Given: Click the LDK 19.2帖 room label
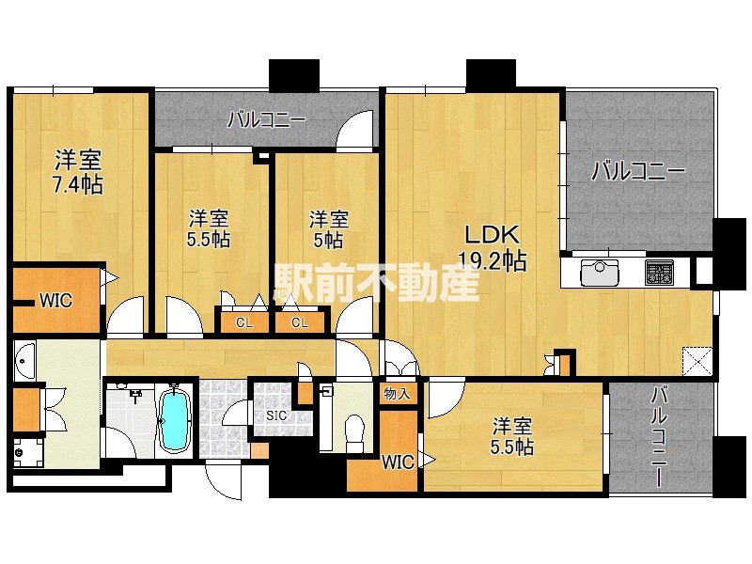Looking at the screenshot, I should (491, 247).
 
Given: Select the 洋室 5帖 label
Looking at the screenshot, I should (328, 228).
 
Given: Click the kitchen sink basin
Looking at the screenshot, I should (598, 273).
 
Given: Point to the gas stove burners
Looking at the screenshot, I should (658, 273).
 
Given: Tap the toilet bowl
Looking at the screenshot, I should (355, 430).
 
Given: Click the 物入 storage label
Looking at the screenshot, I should (397, 393).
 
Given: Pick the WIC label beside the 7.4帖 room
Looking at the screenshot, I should (55, 301).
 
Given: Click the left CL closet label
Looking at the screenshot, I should (243, 323).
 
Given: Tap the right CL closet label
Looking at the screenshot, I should (300, 323).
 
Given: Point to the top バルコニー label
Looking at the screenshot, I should (266, 119).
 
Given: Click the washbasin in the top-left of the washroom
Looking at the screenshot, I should (24, 359).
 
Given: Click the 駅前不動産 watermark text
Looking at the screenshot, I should (376, 282).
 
